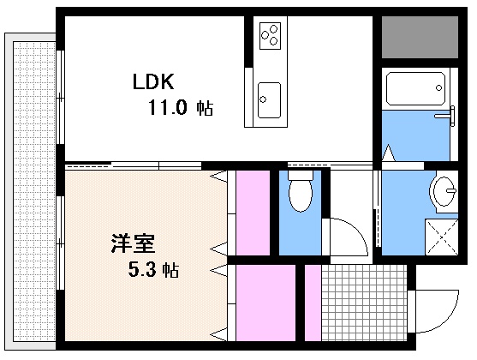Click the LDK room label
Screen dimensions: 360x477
click(x=153, y=82)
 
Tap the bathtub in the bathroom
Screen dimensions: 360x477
click(x=415, y=87)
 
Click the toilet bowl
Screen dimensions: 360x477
click(x=300, y=194)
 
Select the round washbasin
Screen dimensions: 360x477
click(x=445, y=191)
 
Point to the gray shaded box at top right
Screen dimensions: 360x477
click(x=420, y=36)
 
